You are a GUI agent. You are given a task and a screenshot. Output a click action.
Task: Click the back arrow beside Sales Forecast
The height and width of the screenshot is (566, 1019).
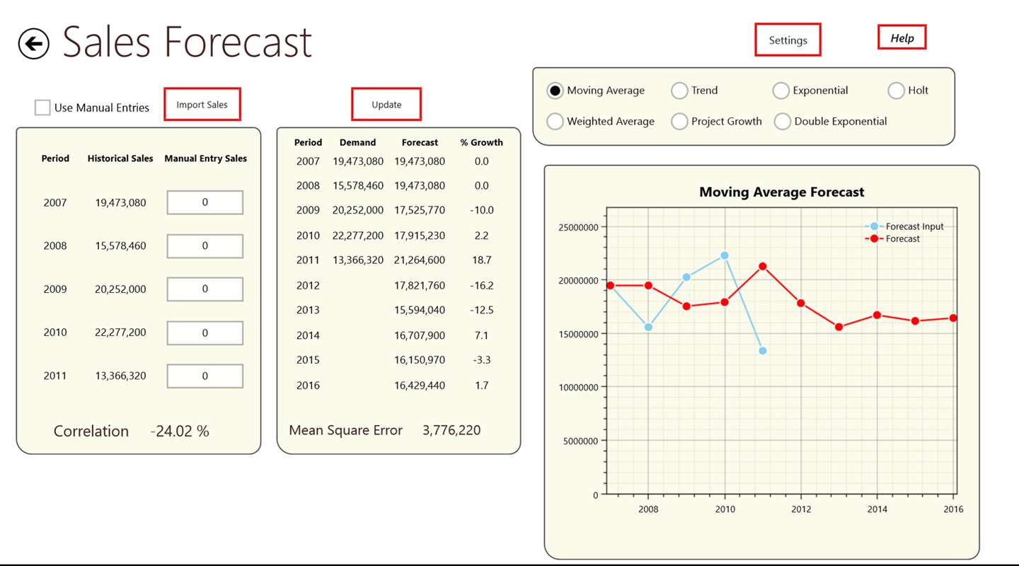tap(33, 44)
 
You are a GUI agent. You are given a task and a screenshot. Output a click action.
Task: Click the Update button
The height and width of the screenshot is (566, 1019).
tap(386, 105)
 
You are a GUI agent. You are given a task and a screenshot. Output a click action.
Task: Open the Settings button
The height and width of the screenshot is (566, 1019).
tap(788, 40)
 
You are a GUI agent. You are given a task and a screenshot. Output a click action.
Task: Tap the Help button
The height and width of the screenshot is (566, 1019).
tap(902, 38)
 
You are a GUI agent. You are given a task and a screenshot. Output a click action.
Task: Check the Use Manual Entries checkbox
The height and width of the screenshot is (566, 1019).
tap(42, 108)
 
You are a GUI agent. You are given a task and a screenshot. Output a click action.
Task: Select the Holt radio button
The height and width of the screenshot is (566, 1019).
tap(896, 91)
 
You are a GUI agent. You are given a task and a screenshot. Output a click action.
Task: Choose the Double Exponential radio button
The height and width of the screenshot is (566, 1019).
tap(782, 122)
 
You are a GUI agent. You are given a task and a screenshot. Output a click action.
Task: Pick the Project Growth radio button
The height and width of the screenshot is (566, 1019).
tap(679, 122)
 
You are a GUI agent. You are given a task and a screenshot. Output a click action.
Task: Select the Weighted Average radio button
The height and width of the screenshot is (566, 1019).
tap(555, 122)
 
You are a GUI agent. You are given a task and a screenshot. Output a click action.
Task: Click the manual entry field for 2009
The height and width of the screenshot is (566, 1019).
tap(205, 289)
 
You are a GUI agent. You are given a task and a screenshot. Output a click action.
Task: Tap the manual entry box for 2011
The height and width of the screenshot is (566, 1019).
tap(205, 376)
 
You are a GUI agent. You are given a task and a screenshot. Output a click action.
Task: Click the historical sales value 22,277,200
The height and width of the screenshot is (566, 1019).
tap(120, 333)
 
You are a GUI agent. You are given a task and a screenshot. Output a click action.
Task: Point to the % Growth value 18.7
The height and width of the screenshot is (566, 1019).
tap(481, 260)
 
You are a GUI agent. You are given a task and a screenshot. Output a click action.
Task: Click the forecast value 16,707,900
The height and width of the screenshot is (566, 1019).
tap(420, 335)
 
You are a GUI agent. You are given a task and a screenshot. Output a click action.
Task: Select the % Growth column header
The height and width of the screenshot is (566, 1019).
tap(481, 142)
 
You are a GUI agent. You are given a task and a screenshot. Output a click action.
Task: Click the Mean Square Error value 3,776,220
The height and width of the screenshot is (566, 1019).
tap(451, 430)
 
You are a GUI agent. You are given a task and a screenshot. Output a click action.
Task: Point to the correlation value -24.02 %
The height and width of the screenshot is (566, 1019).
tap(180, 432)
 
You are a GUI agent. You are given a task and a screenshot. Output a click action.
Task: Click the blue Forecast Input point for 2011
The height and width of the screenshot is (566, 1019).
tap(762, 351)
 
